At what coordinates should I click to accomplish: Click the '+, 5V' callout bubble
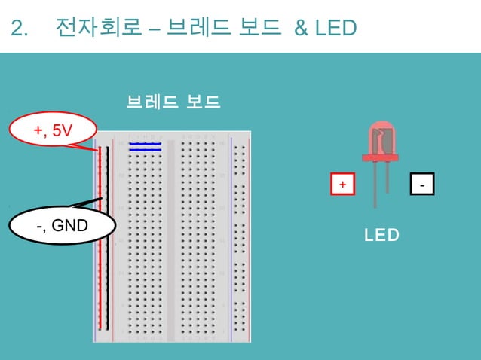(53, 132)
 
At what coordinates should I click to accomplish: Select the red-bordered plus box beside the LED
(343, 185)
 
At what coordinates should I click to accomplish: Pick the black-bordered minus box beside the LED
(422, 185)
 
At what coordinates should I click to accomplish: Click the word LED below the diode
(381, 236)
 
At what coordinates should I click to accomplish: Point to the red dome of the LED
(381, 138)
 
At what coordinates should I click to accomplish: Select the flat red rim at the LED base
(381, 157)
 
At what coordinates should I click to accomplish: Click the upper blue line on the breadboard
(145, 143)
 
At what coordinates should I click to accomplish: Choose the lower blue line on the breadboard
(145, 150)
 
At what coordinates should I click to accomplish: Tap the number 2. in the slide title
(20, 29)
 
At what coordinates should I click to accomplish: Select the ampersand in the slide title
(301, 29)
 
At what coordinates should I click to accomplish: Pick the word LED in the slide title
(336, 29)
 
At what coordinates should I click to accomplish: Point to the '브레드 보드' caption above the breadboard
(173, 102)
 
